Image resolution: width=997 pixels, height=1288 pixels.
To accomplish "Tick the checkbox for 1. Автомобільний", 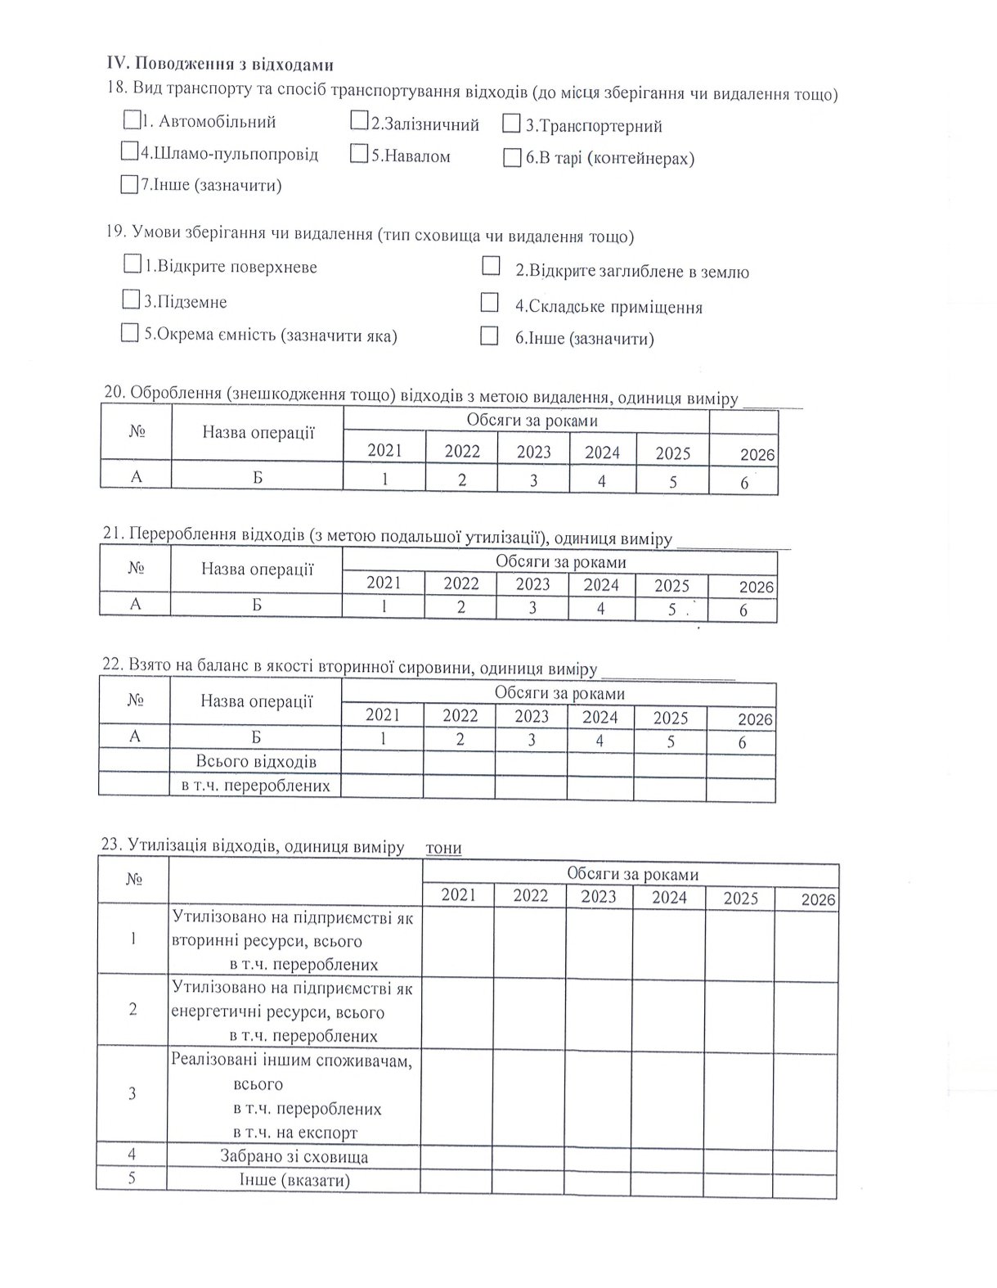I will pyautogui.click(x=131, y=121).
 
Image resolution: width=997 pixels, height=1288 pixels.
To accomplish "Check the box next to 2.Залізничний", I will pyautogui.click(x=358, y=122).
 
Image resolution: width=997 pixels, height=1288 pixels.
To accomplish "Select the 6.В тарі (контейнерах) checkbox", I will pyautogui.click(x=512, y=158).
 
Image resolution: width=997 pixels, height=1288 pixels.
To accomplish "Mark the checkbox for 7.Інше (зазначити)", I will pyautogui.click(x=129, y=185).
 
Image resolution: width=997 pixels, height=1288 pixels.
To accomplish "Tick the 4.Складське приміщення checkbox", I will pyautogui.click(x=489, y=304).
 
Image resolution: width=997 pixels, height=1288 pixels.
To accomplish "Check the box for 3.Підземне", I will pyautogui.click(x=131, y=300).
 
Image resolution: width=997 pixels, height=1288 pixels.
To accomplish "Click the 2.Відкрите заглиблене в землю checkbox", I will pyautogui.click(x=491, y=267).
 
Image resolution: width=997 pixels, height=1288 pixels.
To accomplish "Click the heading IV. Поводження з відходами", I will pyautogui.click(x=220, y=65).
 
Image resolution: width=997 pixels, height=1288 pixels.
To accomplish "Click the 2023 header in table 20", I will pyautogui.click(x=533, y=452).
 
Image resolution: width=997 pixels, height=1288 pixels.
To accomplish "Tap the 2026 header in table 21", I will pyautogui.click(x=756, y=588).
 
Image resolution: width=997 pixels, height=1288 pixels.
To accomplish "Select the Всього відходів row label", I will pyautogui.click(x=255, y=762).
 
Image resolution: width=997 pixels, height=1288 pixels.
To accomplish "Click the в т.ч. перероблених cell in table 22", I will pyautogui.click(x=255, y=786).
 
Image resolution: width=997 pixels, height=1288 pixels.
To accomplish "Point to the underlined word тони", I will pyautogui.click(x=443, y=848).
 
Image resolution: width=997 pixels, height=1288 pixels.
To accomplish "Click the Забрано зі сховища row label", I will pyautogui.click(x=294, y=1157).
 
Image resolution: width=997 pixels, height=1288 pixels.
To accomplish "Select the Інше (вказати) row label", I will pyautogui.click(x=294, y=1181).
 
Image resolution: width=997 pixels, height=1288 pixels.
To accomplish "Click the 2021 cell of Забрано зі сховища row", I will pyautogui.click(x=456, y=1156).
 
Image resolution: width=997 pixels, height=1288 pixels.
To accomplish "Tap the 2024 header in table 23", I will pyautogui.click(x=669, y=898).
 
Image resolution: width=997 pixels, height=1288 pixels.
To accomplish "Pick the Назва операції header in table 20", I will pyautogui.click(x=258, y=433).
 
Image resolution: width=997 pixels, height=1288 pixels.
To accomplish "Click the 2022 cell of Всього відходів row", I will pyautogui.click(x=459, y=763).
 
